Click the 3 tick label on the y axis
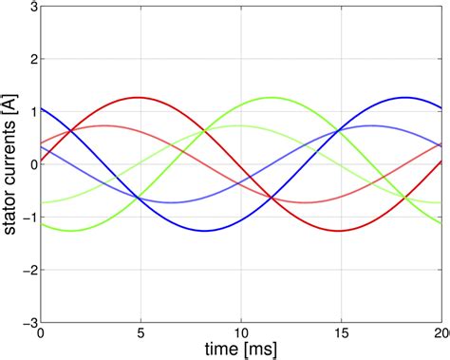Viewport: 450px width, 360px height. tap(31, 7)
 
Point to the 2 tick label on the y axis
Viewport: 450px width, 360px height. tap(31, 59)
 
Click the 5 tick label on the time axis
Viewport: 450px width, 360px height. tap(141, 333)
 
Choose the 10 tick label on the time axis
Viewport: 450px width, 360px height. tap(241, 333)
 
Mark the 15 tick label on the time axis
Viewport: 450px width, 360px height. tap(342, 333)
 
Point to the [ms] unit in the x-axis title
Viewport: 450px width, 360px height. tap(251, 350)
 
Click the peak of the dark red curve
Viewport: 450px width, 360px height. tap(140, 97)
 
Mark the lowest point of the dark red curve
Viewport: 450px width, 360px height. tap(340, 231)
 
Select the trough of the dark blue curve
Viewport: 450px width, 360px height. tap(205, 231)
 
